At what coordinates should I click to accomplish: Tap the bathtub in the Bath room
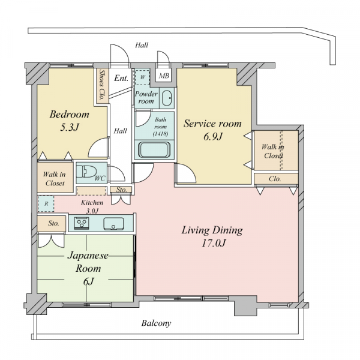pos(154,149)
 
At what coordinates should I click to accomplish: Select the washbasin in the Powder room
pos(167,98)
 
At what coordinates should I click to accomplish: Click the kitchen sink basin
pos(113,224)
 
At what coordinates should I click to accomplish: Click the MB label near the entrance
pos(164,76)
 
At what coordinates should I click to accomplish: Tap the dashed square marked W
pos(142,77)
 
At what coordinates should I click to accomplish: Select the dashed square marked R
pos(46,203)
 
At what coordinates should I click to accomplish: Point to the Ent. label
pos(121,78)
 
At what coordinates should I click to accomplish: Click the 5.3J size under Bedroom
pos(70,127)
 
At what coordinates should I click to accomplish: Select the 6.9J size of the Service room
pos(213,137)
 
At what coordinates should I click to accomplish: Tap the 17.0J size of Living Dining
pos(214,243)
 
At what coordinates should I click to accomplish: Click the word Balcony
pos(156,323)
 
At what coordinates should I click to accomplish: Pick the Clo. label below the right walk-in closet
pos(275,179)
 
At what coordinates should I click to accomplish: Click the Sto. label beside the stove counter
pos(53,223)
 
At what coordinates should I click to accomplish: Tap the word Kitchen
pos(92,203)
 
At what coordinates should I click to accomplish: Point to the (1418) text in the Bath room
pos(160,134)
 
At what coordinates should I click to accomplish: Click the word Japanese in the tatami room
pos(88,256)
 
